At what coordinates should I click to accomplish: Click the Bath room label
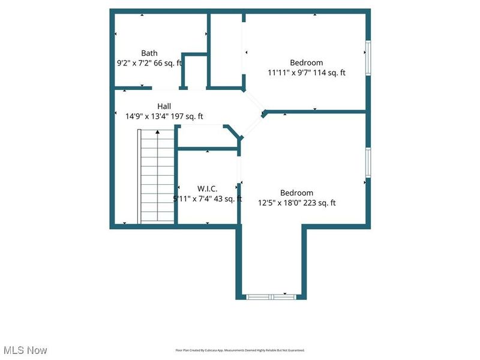click(x=149, y=53)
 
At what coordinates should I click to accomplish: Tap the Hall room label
click(x=164, y=106)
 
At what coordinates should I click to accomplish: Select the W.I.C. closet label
click(x=208, y=188)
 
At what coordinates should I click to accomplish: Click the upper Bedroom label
click(x=307, y=62)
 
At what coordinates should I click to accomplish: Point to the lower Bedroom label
click(x=296, y=193)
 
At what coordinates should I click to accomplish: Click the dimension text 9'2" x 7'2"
click(x=137, y=63)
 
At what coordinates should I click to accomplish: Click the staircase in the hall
click(x=157, y=180)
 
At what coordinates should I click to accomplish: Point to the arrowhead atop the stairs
click(x=157, y=131)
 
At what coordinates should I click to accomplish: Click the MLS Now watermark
click(x=25, y=350)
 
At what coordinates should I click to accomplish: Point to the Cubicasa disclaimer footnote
click(x=240, y=350)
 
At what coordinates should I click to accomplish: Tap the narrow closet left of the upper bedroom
click(x=226, y=48)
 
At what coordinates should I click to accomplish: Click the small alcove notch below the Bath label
click(x=194, y=72)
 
